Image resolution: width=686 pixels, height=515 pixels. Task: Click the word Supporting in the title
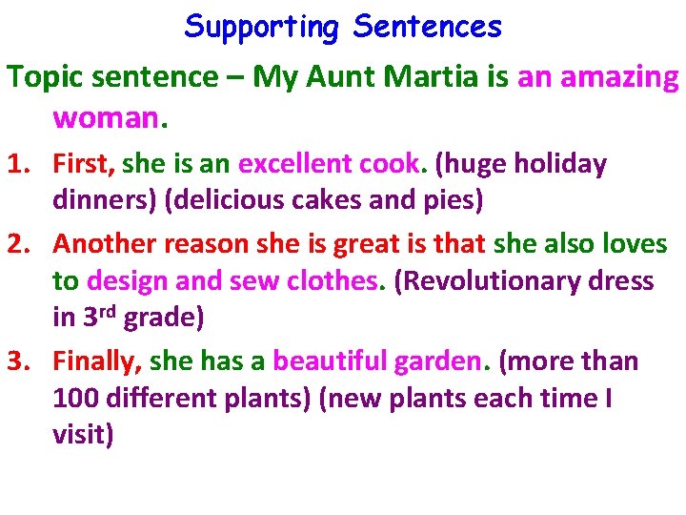click(x=261, y=28)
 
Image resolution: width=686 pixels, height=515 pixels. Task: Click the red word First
click(x=83, y=165)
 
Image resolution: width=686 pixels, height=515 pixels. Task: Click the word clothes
click(x=328, y=281)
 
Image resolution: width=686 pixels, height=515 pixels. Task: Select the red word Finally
click(x=96, y=361)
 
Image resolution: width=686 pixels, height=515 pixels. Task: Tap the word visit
click(x=82, y=436)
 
